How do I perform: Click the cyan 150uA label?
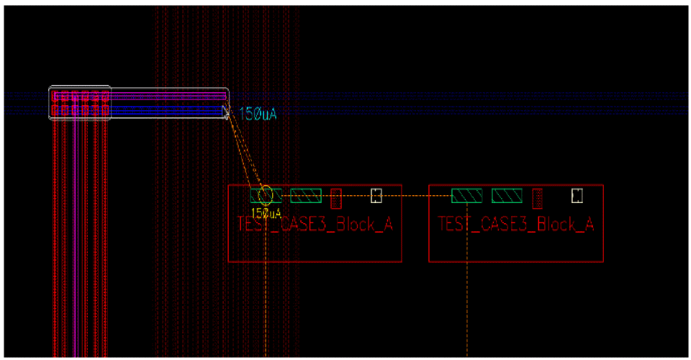(x=258, y=113)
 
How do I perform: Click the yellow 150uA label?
(x=266, y=213)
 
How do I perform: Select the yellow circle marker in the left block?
(x=265, y=194)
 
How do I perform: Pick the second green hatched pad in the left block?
(x=306, y=195)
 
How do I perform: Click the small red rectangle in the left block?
(x=335, y=196)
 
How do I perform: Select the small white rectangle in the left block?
(x=376, y=195)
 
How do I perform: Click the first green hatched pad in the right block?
(x=466, y=195)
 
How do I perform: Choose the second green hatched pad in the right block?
(x=507, y=195)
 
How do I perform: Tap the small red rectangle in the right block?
(x=537, y=196)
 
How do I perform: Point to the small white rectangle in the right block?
(x=577, y=195)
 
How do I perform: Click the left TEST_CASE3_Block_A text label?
(x=315, y=224)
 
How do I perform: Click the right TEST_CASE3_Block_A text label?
(x=516, y=224)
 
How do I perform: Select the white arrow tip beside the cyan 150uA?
(x=226, y=112)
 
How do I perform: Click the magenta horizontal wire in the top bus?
(x=166, y=96)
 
